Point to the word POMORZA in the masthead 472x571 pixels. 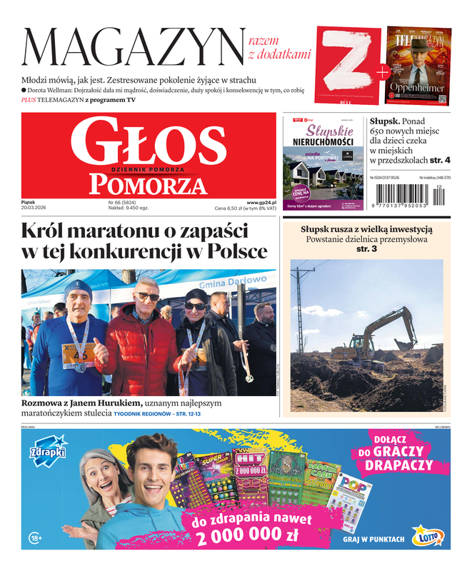[149, 185]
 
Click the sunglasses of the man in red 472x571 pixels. [149, 296]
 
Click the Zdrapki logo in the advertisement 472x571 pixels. [48, 453]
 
